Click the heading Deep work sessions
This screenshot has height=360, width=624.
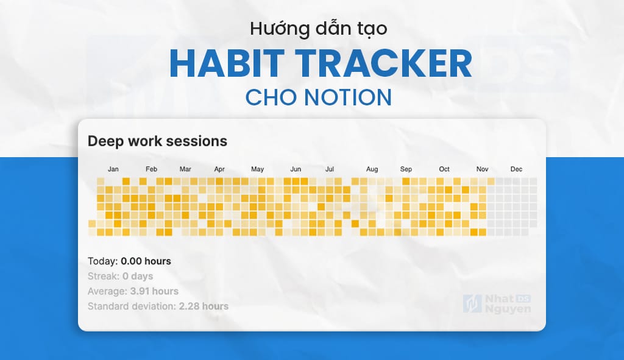click(x=157, y=141)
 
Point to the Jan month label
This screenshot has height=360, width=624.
click(x=113, y=169)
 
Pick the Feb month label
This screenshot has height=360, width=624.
click(x=152, y=169)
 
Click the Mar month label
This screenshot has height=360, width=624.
click(x=185, y=169)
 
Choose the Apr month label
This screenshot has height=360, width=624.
click(x=219, y=169)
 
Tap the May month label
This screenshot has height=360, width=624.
click(x=257, y=169)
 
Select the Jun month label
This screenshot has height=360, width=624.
click(x=296, y=169)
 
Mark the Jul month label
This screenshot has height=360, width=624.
click(x=330, y=169)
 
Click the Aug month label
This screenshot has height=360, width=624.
click(x=372, y=169)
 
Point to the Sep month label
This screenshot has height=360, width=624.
click(x=406, y=169)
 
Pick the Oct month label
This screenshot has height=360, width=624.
click(x=444, y=169)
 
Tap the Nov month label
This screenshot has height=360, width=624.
click(x=483, y=169)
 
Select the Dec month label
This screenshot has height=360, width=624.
click(x=516, y=169)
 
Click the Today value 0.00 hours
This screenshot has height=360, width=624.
click(x=146, y=261)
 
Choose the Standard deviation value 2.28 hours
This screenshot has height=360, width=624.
click(x=204, y=306)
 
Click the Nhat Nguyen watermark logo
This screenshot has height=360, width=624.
click(x=497, y=304)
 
